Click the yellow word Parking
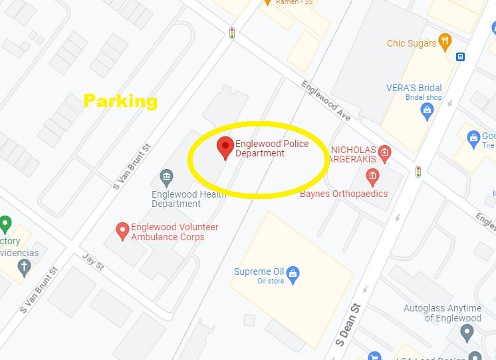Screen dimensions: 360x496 coord(120,101)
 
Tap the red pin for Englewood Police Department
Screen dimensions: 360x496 coord(226,147)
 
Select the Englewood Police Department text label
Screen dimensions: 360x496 coord(272,149)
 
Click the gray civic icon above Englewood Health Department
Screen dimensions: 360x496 coord(166,177)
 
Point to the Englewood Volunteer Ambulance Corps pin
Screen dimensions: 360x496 coord(122,230)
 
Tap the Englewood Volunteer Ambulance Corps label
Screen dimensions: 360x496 coord(174,232)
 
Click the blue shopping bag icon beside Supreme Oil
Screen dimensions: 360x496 coord(294,272)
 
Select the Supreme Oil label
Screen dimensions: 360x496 coord(259,271)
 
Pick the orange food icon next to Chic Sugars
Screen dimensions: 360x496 coord(445,43)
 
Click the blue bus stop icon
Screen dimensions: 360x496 coord(460,57)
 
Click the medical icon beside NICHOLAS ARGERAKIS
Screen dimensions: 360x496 coord(384,155)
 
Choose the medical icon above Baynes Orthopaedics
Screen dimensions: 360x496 coord(372,176)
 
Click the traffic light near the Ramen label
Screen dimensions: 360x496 coord(232,33)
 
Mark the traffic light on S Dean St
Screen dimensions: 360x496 coord(418,172)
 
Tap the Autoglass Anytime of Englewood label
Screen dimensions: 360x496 coord(442,313)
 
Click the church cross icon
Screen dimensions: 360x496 coord(25,268)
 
